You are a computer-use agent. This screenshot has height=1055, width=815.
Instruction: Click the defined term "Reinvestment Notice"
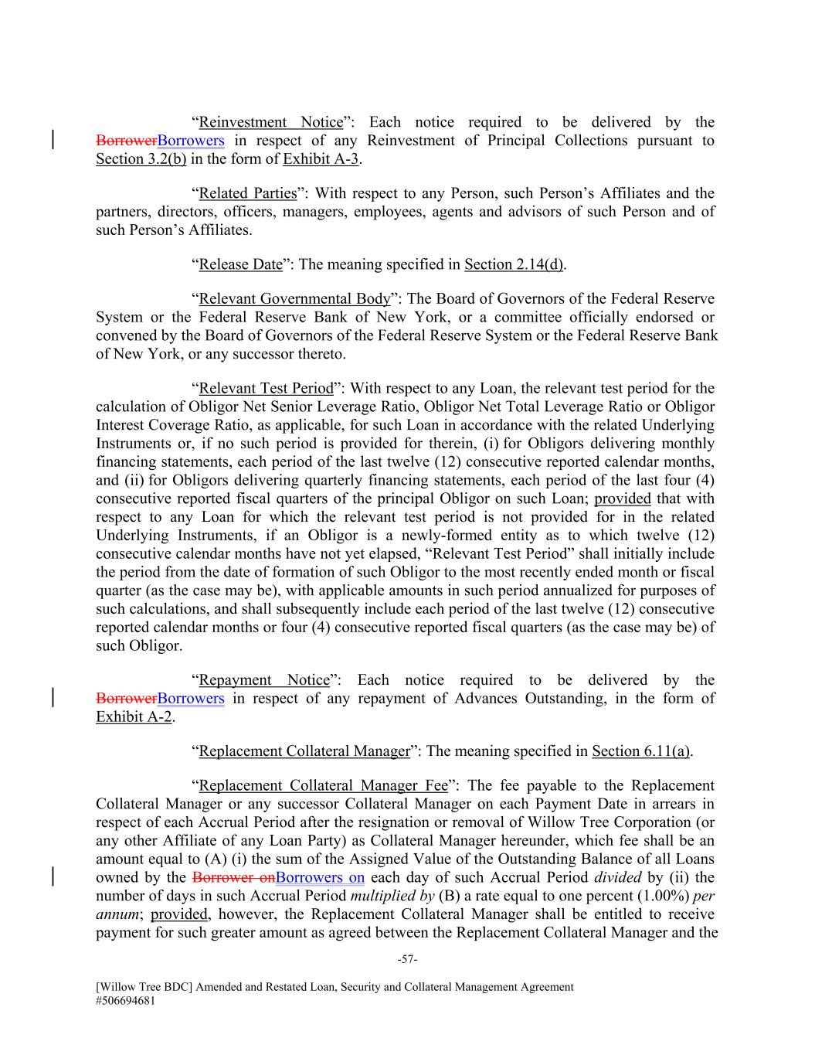click(x=270, y=122)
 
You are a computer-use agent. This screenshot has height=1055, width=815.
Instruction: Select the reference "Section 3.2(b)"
click(x=141, y=159)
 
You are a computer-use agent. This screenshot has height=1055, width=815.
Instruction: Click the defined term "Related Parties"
click(x=248, y=193)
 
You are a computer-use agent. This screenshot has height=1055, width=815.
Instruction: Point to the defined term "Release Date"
click(x=240, y=264)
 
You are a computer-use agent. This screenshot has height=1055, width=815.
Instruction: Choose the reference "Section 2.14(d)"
click(x=514, y=264)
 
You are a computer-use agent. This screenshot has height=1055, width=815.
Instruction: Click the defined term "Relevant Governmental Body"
click(x=294, y=298)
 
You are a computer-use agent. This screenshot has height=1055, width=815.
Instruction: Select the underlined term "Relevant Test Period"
click(x=266, y=388)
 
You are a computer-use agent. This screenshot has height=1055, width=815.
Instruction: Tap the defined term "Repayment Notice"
click(x=264, y=680)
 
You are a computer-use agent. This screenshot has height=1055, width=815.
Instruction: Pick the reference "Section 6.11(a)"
click(x=641, y=751)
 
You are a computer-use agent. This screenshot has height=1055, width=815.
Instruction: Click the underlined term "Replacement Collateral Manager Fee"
click(x=323, y=786)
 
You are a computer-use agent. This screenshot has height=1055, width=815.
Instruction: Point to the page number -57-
click(x=407, y=960)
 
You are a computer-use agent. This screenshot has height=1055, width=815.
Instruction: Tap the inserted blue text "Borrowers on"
click(x=320, y=878)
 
